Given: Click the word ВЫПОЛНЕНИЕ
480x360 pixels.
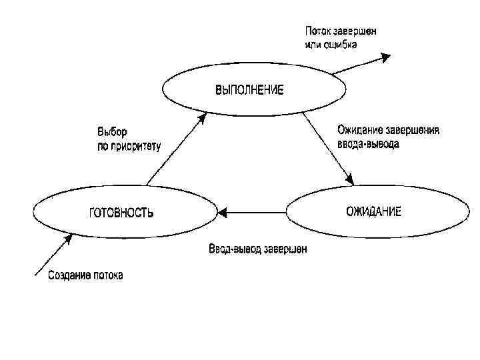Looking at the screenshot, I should point(249,90).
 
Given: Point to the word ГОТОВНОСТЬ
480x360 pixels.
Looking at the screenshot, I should point(121,213).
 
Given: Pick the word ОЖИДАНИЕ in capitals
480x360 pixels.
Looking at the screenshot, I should point(373,212).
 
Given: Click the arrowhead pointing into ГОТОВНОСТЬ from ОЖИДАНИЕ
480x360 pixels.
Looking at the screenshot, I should point(223,213).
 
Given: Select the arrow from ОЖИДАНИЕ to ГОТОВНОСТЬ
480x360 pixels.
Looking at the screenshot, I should point(253,213).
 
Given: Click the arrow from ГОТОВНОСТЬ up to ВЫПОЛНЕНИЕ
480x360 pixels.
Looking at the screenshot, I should point(175,150).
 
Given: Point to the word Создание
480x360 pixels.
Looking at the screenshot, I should point(69,275).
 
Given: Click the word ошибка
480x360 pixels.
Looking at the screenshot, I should point(341,45).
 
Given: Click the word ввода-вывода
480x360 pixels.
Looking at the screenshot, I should point(369,143).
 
